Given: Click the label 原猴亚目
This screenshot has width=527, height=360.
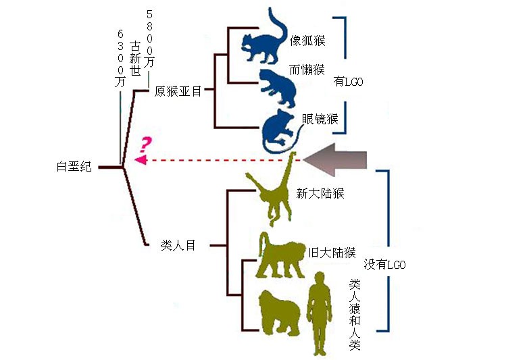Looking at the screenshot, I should pyautogui.click(x=178, y=91).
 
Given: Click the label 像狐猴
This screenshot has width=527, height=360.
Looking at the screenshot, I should pyautogui.click(x=309, y=41).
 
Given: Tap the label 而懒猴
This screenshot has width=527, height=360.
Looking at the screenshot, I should pyautogui.click(x=309, y=70).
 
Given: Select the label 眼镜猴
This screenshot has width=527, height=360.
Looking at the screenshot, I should pyautogui.click(x=320, y=120).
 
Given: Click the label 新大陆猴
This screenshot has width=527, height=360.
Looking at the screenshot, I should pyautogui.click(x=320, y=193).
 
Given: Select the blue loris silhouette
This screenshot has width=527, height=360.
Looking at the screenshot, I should pyautogui.click(x=277, y=85).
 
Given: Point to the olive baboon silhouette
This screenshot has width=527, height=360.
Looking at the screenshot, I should pyautogui.click(x=280, y=257).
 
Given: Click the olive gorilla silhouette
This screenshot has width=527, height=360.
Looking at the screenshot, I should pyautogui.click(x=280, y=311).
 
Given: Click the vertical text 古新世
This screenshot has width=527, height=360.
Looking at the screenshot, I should pyautogui.click(x=135, y=58).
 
